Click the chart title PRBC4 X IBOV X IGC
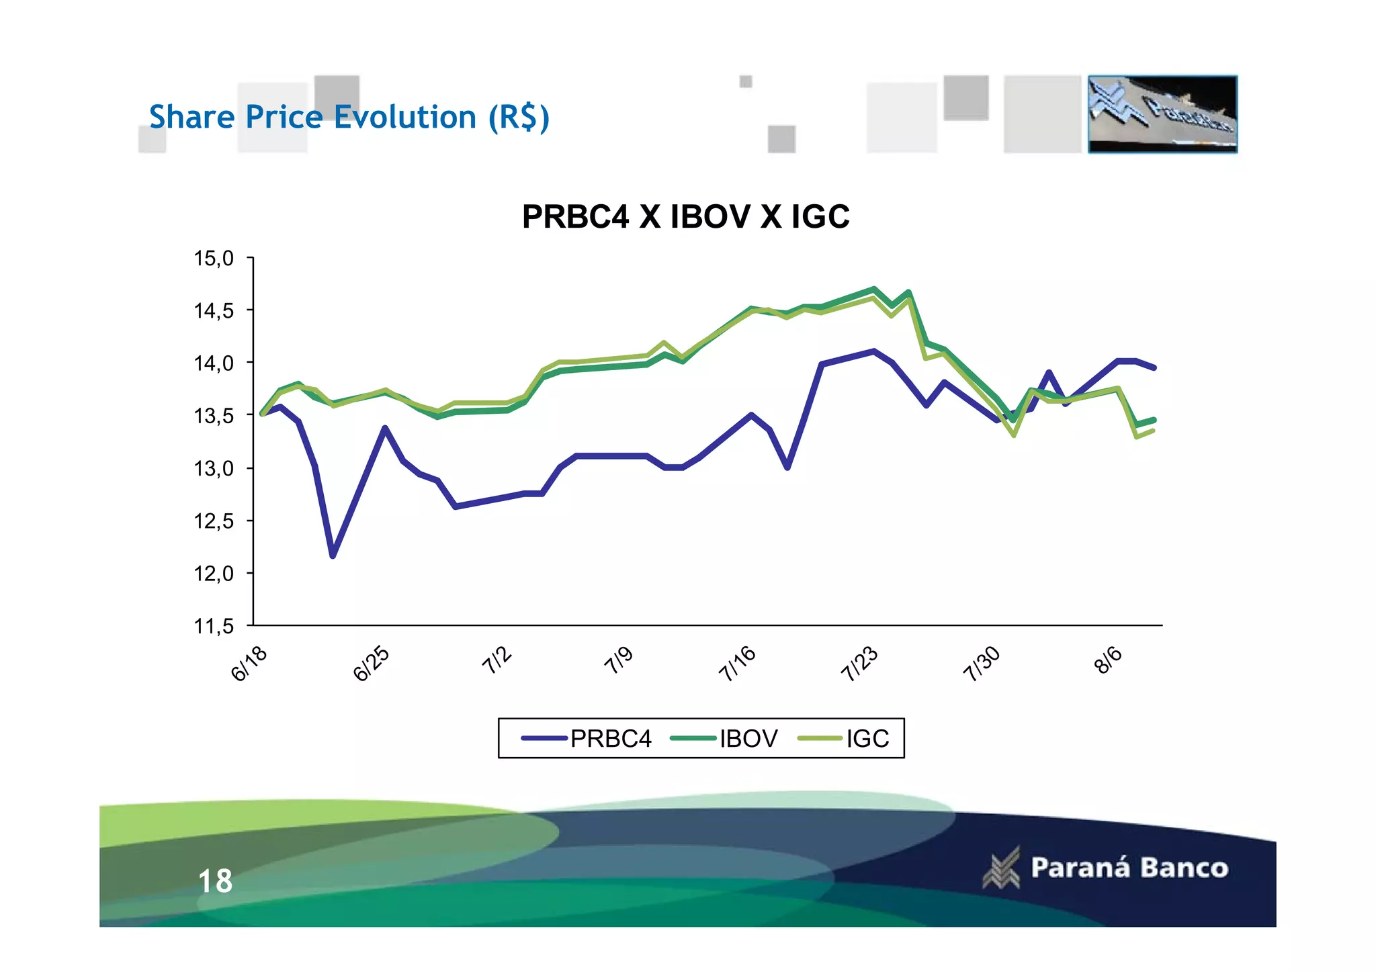[x=685, y=216]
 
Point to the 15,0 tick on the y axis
[x=214, y=258]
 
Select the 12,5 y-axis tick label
[x=214, y=521]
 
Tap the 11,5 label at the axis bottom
[x=214, y=627]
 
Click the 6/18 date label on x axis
[x=249, y=664]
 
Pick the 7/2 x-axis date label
[x=497, y=661]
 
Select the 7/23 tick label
[x=859, y=664]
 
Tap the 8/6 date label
[x=1109, y=660]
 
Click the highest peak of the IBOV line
[x=873, y=289]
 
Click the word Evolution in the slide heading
[x=405, y=117]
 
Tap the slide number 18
[x=215, y=881]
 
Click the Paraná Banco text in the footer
[x=1129, y=868]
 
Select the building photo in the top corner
[x=1162, y=114]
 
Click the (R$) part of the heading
[x=519, y=118]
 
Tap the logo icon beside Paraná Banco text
[x=1002, y=868]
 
